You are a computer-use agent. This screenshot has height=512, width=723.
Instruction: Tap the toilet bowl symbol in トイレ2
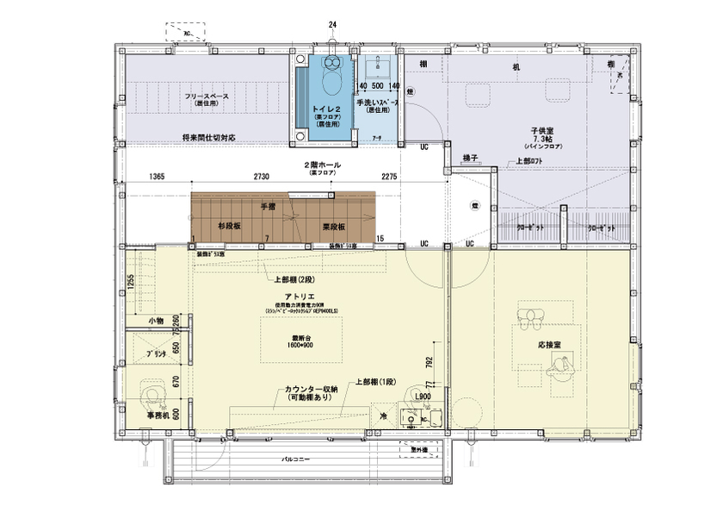pos(329,79)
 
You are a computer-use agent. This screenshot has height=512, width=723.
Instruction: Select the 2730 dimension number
pos(261,177)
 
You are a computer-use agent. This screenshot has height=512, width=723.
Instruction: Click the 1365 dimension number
pos(156,177)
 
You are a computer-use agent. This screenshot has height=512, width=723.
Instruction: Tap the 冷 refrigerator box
pos(383,415)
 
